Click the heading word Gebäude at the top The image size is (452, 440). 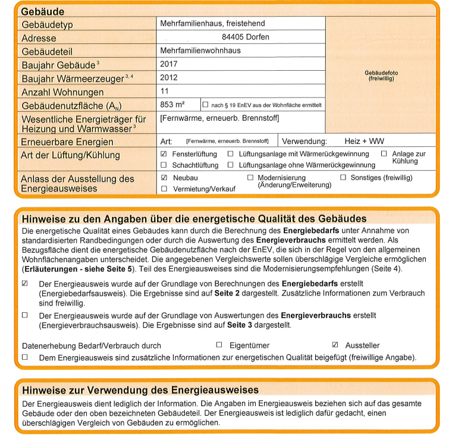coord(43,11)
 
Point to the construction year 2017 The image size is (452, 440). coord(169,64)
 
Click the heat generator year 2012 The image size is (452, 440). coord(169,77)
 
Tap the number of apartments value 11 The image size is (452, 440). coord(165,91)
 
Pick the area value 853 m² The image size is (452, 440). coord(172,105)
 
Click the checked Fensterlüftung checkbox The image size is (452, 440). coord(164,154)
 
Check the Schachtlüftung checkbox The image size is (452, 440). coord(164,165)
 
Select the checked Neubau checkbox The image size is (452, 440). coord(164,178)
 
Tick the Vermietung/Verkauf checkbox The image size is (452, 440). coord(164,188)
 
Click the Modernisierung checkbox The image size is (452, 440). coord(250,178)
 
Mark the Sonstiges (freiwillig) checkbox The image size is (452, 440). coord(343,178)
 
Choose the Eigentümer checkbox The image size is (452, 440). coord(219,345)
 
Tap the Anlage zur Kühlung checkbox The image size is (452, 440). coord(384,154)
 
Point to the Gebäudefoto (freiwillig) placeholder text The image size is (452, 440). coord(381,76)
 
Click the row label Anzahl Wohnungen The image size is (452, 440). coord(62,92)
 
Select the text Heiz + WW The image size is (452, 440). coord(364,142)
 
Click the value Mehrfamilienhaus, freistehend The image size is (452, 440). coord(212,24)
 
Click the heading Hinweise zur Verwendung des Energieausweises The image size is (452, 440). coord(140,390)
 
